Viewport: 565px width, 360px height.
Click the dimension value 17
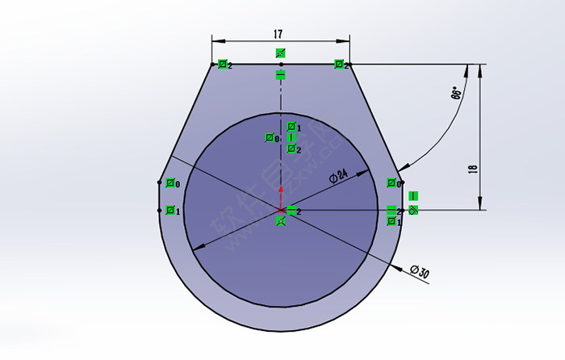click(x=278, y=35)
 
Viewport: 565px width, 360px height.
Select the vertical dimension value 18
click(x=473, y=170)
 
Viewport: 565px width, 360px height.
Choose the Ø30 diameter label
click(x=419, y=271)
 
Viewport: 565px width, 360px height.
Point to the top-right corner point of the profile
click(x=349, y=64)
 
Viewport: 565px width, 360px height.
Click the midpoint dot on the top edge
click(x=280, y=64)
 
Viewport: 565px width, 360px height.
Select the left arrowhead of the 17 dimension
click(x=216, y=39)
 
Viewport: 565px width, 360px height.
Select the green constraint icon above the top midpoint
click(x=280, y=53)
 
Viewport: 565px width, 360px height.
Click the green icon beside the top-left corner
click(x=222, y=65)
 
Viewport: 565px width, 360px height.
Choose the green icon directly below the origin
click(x=280, y=220)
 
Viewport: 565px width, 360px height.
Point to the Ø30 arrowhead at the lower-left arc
click(x=197, y=245)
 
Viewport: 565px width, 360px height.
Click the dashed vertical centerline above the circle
click(x=280, y=93)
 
